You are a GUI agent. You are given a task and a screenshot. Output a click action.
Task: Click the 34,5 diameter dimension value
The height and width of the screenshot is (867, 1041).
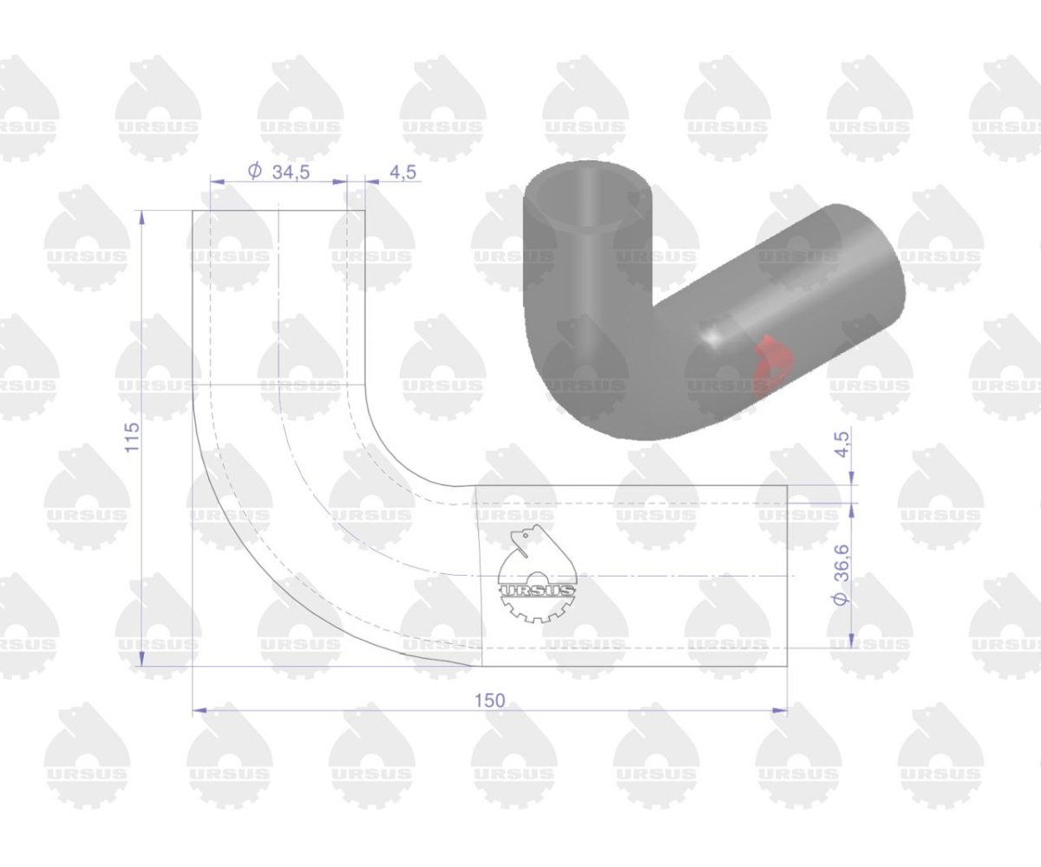pyautogui.click(x=291, y=172)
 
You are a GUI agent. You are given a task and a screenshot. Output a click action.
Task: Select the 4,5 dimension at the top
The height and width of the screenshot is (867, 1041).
pyautogui.click(x=403, y=172)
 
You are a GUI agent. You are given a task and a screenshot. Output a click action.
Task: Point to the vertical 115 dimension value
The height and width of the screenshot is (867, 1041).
pyautogui.click(x=132, y=437)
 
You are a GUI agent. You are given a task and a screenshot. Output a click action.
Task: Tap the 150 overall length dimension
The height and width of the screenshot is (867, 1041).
pyautogui.click(x=489, y=701)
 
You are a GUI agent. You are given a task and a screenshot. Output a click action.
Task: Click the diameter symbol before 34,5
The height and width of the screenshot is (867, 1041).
pyautogui.click(x=255, y=172)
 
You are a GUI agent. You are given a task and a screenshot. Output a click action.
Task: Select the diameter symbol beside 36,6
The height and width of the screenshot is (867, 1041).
pyautogui.click(x=841, y=598)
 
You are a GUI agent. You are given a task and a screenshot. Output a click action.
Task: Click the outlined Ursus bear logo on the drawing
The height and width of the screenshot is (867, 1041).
pyautogui.click(x=537, y=573)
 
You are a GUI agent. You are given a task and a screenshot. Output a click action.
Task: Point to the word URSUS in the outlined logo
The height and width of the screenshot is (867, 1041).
pyautogui.click(x=537, y=591)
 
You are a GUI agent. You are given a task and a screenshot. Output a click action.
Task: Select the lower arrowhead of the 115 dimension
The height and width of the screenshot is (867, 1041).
pyautogui.click(x=142, y=659)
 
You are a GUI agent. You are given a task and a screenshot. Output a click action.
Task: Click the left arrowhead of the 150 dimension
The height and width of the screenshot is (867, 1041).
pyautogui.click(x=199, y=710)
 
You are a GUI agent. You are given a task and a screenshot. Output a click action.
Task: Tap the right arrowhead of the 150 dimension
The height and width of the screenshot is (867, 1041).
pyautogui.click(x=780, y=710)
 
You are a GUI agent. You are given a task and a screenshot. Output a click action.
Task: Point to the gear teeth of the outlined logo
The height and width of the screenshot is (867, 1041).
pyautogui.click(x=537, y=610)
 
